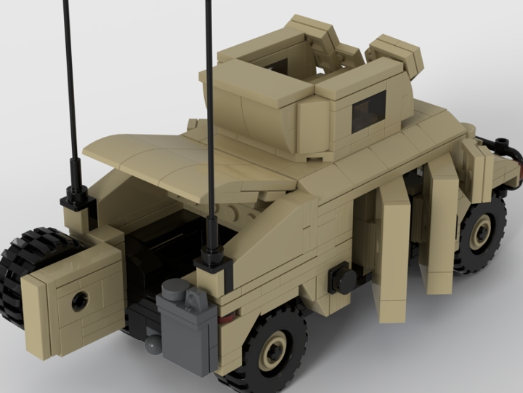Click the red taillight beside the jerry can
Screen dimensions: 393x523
tap(227, 317)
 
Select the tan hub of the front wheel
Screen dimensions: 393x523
tap(480, 234)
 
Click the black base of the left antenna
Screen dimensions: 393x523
tap(76, 196)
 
